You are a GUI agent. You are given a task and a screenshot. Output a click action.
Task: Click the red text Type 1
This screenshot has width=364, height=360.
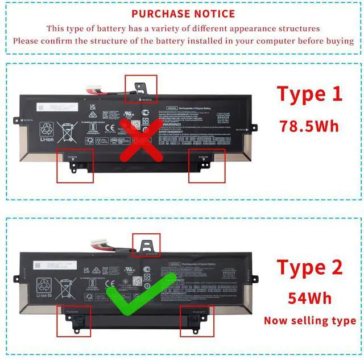point(310,94)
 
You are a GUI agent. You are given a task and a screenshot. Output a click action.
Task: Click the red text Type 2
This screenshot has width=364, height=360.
point(310,268)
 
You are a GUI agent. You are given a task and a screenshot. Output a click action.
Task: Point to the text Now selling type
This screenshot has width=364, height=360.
point(310,321)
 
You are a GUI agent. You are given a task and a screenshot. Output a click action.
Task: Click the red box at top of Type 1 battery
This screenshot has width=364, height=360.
point(140,88)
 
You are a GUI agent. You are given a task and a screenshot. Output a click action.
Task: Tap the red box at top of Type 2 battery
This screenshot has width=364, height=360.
point(146,244)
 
